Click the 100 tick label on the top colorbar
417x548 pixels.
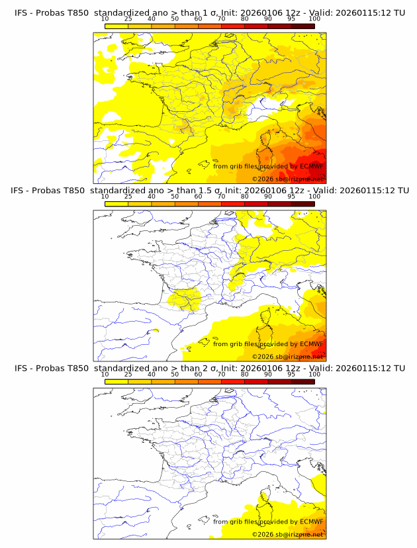314,19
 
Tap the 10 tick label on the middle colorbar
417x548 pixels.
105,197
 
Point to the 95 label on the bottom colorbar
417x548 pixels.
291,374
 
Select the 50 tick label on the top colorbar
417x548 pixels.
175,19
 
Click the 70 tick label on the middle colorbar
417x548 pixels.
221,197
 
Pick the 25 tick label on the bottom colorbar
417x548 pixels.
128,374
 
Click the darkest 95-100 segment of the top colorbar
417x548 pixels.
302,26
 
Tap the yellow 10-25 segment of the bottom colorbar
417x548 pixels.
116,381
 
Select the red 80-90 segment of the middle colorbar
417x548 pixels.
256,204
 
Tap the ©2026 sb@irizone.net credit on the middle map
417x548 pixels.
288,356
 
